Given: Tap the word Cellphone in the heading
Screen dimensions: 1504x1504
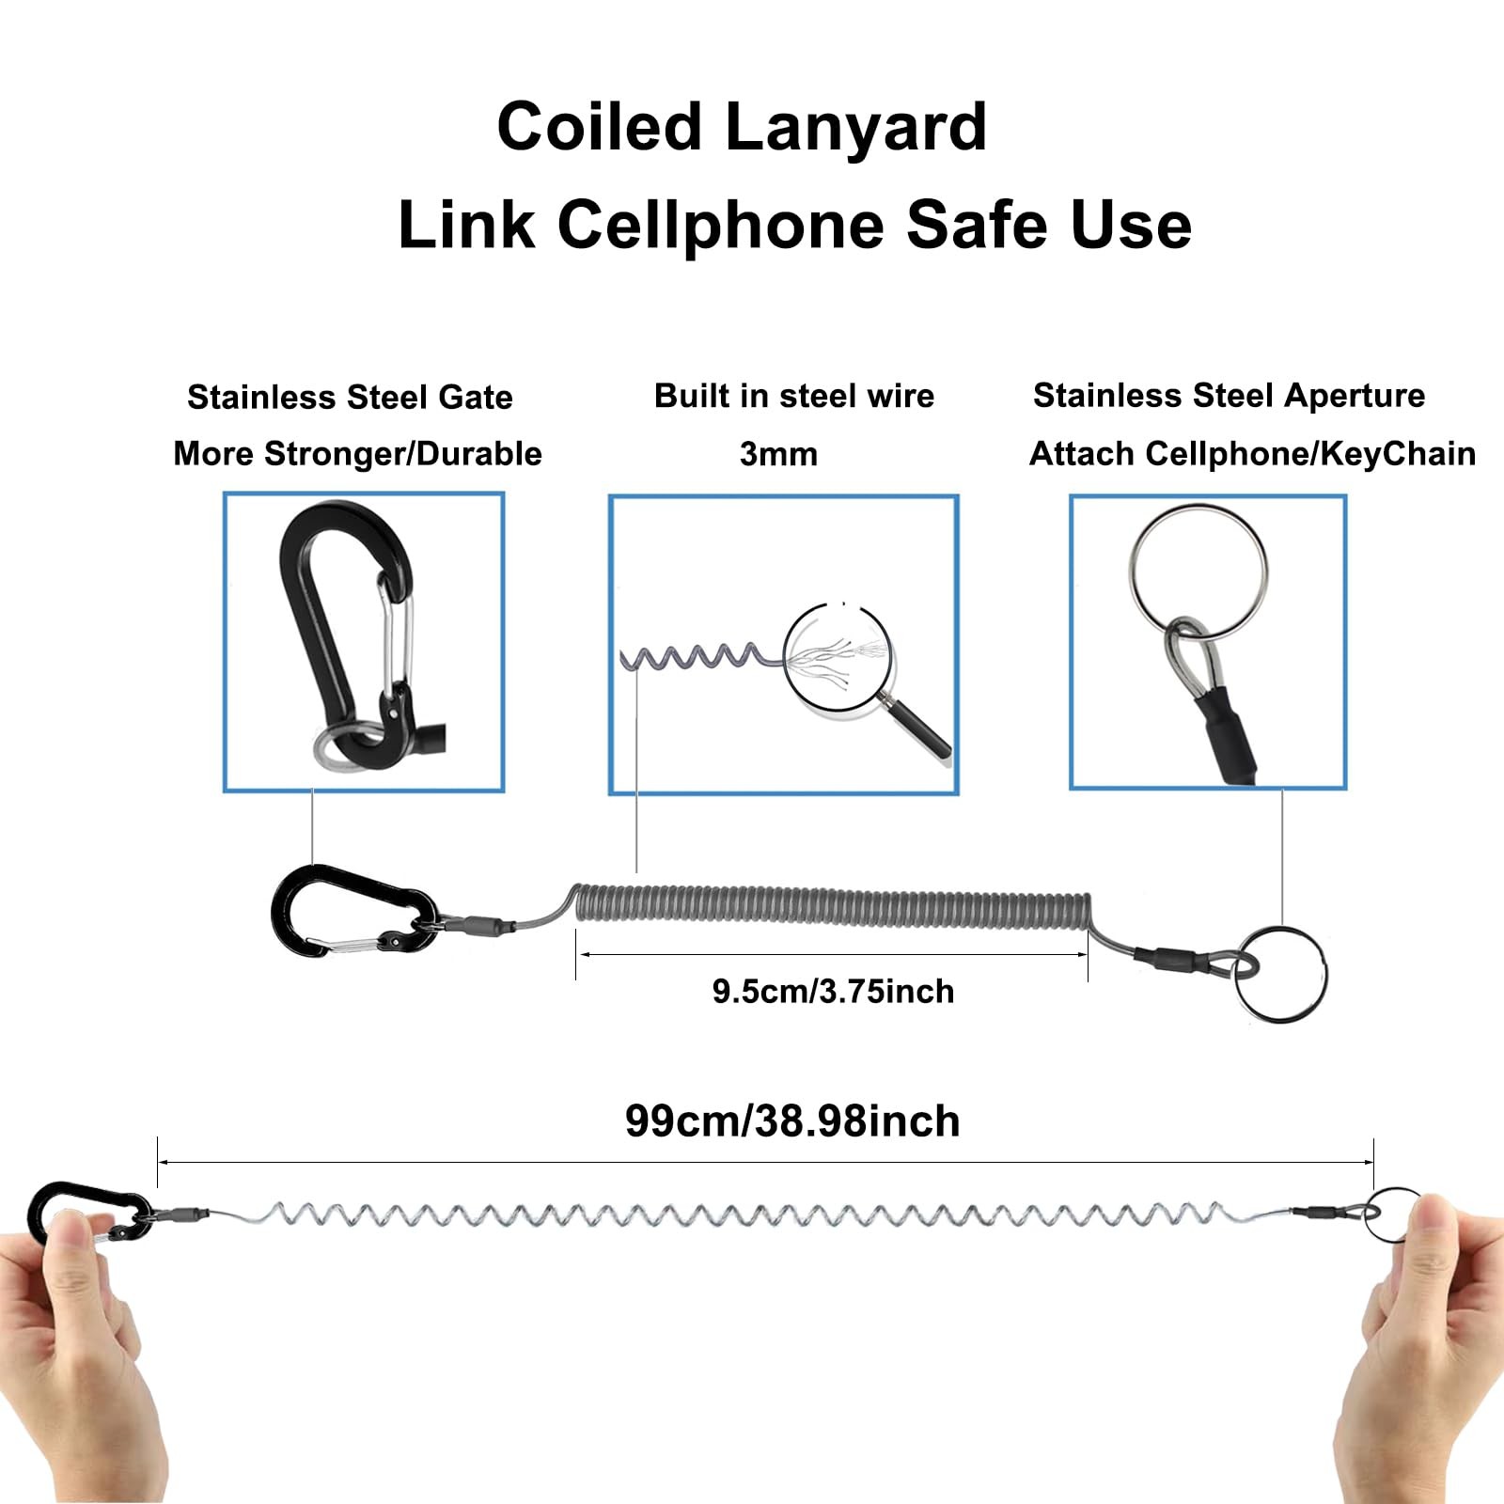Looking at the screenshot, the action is tap(722, 226).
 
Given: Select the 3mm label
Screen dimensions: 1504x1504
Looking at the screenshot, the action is tap(778, 454).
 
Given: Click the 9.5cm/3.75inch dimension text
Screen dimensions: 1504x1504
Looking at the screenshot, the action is tap(833, 991).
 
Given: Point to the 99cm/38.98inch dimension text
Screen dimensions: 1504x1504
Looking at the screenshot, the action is tap(792, 1121).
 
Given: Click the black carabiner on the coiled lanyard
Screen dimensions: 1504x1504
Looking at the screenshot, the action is tap(354, 910).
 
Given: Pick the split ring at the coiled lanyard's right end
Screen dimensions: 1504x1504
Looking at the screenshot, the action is tap(1279, 973).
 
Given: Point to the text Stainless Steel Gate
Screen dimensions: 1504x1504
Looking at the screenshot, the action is tap(350, 397).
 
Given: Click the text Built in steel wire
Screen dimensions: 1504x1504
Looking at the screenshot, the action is tap(794, 396).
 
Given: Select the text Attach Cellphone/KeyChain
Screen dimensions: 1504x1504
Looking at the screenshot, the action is tap(1252, 454).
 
